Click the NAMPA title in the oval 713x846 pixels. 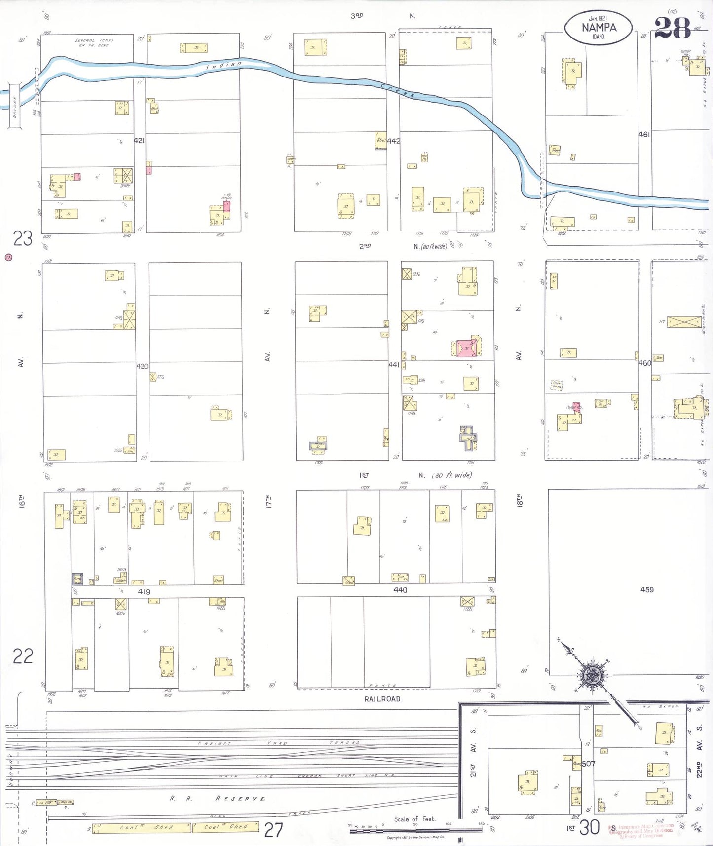click(599, 28)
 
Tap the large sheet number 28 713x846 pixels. click(672, 29)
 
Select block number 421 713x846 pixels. click(139, 141)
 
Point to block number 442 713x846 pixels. click(393, 141)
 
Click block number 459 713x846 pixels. click(647, 589)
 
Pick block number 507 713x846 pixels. click(589, 764)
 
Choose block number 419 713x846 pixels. click(144, 592)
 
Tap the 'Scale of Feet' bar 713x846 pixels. click(415, 830)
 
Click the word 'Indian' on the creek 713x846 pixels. click(224, 65)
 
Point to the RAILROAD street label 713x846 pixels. click(382, 699)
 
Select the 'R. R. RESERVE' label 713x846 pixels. click(217, 798)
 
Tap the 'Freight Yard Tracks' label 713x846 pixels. click(279, 743)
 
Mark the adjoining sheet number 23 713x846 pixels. click(23, 239)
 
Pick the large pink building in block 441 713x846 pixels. click(466, 347)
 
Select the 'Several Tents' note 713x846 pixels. click(94, 42)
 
